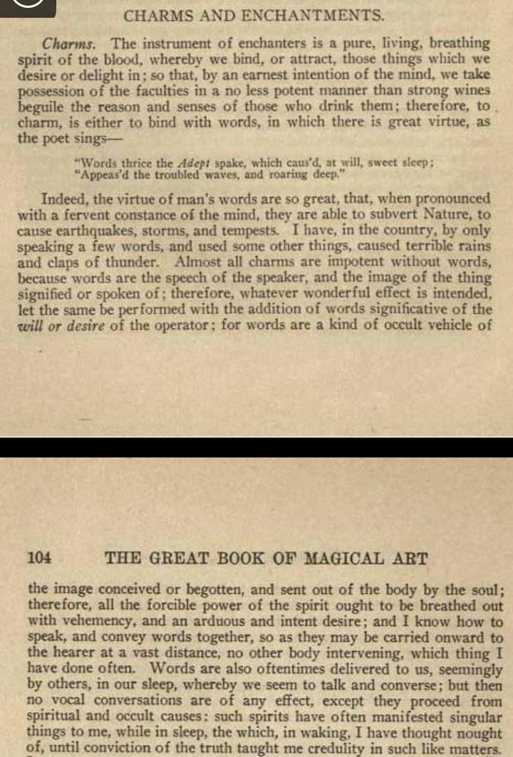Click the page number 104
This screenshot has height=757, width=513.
click(38, 559)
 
